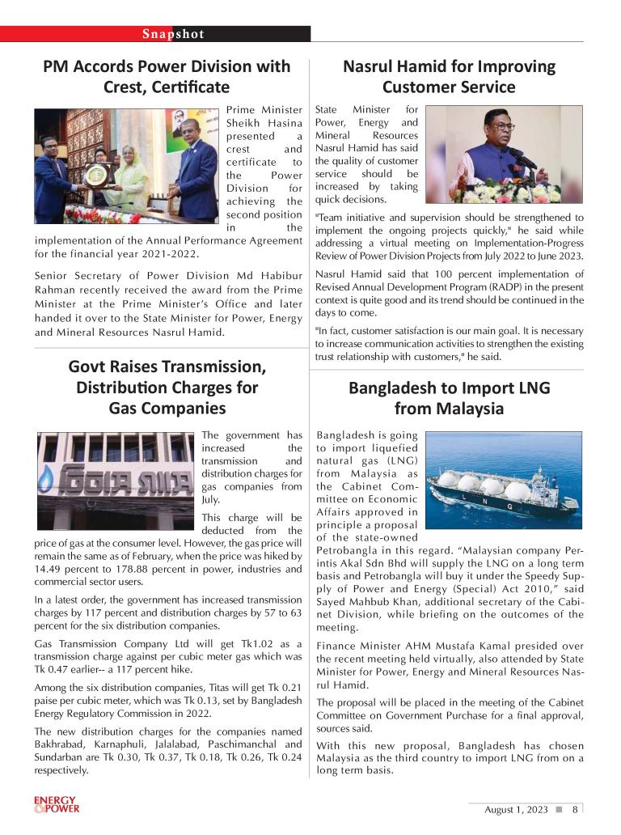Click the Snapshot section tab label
point(173,34)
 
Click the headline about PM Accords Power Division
point(167,76)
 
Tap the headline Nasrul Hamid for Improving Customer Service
point(449,76)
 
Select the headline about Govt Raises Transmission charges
point(167,387)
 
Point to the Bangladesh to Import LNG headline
point(449,398)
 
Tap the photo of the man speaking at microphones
point(504,155)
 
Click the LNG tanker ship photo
point(504,480)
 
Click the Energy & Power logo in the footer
point(57,804)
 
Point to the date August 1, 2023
point(516,809)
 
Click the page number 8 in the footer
point(574,809)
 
